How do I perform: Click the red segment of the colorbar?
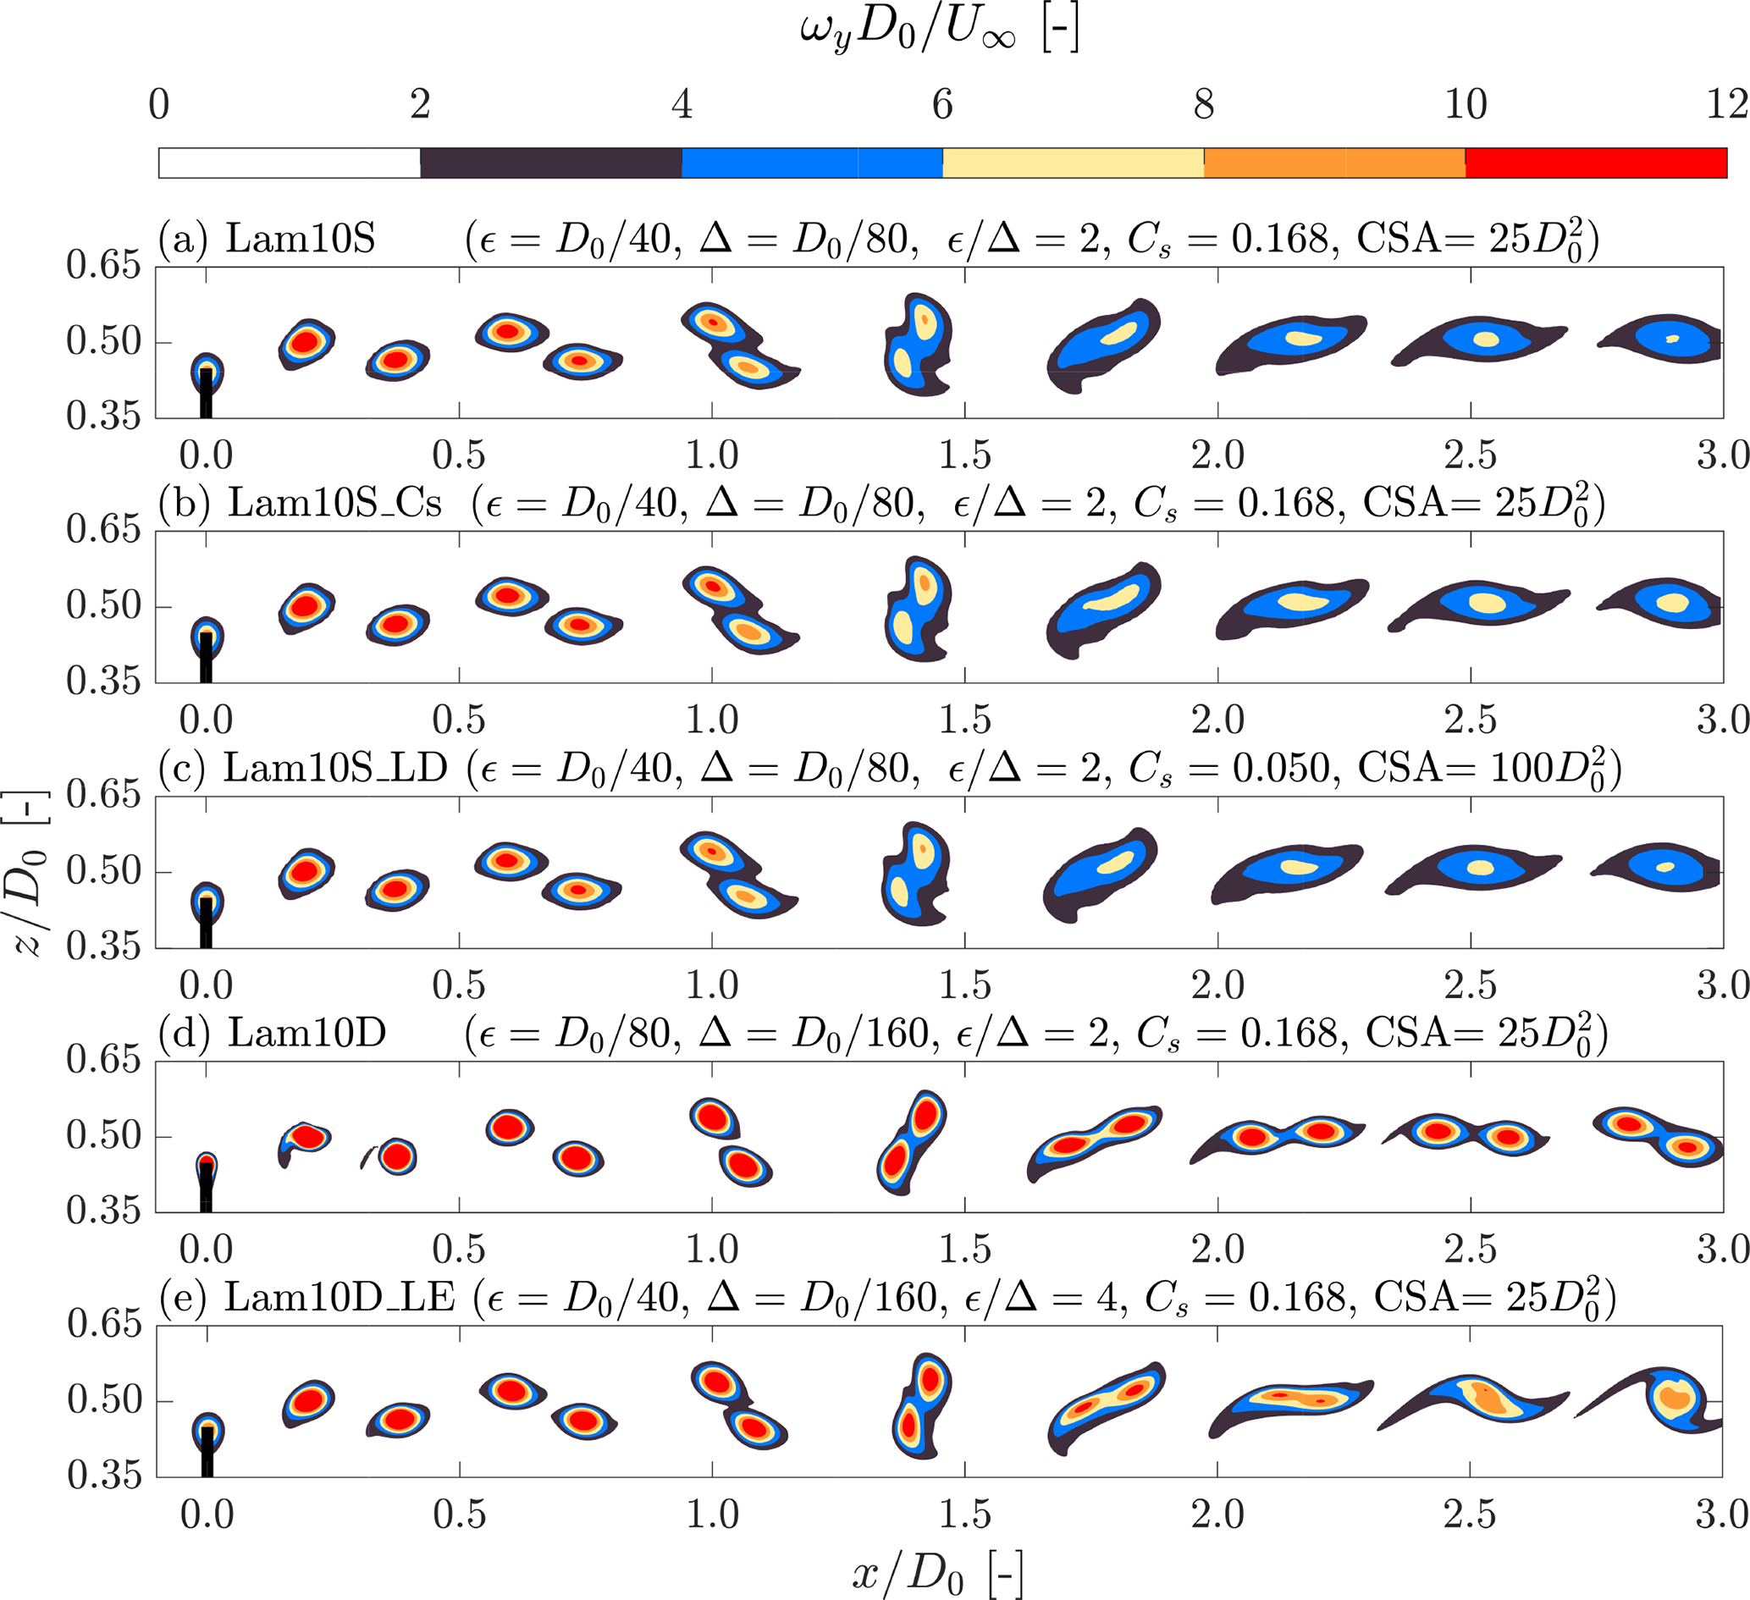(x=1595, y=163)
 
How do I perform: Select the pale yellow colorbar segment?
(x=1073, y=163)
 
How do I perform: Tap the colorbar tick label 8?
(x=1204, y=104)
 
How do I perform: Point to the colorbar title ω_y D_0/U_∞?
(x=940, y=31)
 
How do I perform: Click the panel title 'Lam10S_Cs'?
(x=335, y=503)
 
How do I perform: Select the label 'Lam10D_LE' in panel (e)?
(x=340, y=1297)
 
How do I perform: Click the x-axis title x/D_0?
(x=937, y=1572)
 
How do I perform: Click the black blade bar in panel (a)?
(x=206, y=394)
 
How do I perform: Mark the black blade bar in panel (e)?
(x=207, y=1452)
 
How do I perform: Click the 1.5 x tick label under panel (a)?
(x=964, y=455)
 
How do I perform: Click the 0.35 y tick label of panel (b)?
(x=103, y=681)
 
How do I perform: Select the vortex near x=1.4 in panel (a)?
(x=919, y=345)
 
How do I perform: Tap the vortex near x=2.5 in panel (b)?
(x=1479, y=603)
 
